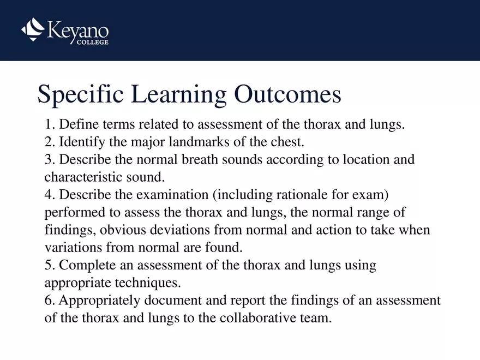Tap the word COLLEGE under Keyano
(90, 43)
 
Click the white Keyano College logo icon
(33, 29)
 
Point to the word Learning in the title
(173, 94)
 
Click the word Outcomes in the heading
(287, 94)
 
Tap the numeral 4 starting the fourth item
(48, 195)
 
